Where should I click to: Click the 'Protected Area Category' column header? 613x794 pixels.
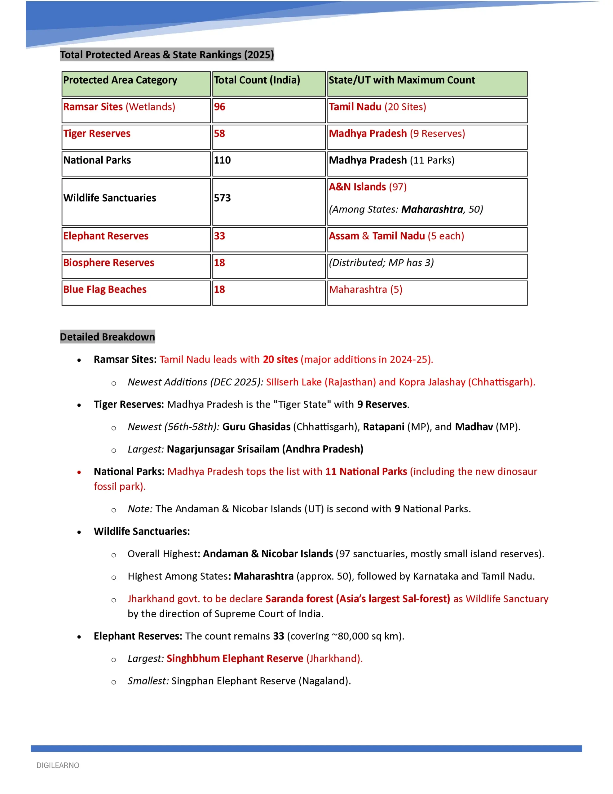(x=120, y=80)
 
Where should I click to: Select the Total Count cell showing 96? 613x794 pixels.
(x=219, y=107)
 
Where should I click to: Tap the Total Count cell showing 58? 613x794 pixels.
(x=219, y=133)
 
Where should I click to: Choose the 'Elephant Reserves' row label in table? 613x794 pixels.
(x=106, y=236)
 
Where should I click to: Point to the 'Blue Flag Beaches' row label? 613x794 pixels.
(x=105, y=289)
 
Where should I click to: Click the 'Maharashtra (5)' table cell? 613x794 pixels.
(x=366, y=289)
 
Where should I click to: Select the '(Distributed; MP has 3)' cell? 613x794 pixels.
(x=381, y=262)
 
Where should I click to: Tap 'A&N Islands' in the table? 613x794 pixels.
(x=357, y=187)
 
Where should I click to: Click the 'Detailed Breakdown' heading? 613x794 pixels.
(x=107, y=337)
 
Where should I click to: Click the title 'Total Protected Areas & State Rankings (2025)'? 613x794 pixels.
(x=167, y=55)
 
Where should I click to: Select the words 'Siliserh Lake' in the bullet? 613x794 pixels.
(x=293, y=382)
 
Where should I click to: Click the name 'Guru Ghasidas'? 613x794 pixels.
(x=256, y=427)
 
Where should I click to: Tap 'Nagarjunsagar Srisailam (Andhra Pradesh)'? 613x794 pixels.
(x=265, y=449)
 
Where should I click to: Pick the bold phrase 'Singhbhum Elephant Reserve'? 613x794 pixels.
(x=235, y=659)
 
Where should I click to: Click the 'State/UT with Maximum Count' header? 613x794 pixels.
(x=402, y=80)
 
